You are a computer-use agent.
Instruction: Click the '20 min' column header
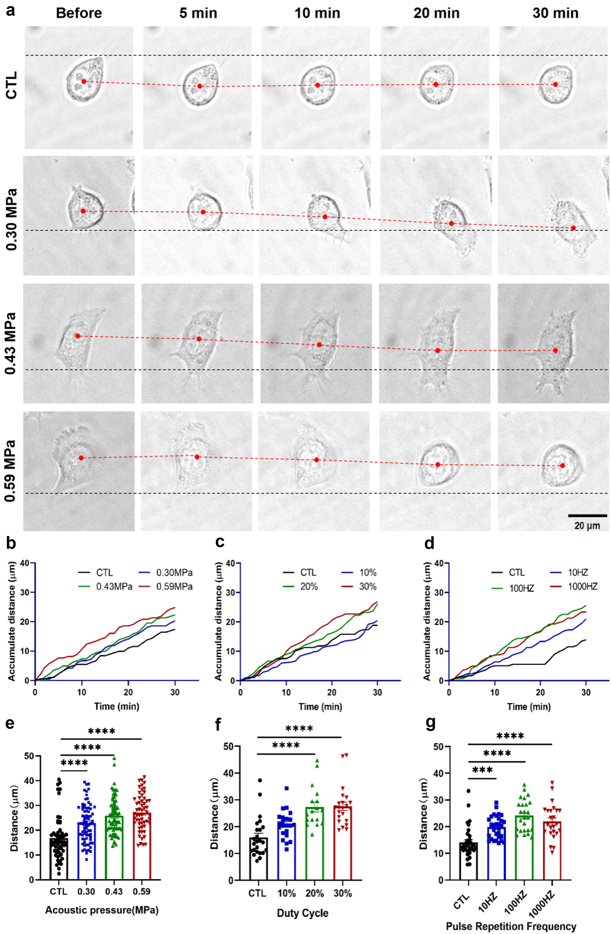point(436,13)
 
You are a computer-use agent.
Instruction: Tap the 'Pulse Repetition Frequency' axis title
point(511,927)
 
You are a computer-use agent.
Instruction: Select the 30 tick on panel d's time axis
point(585,692)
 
